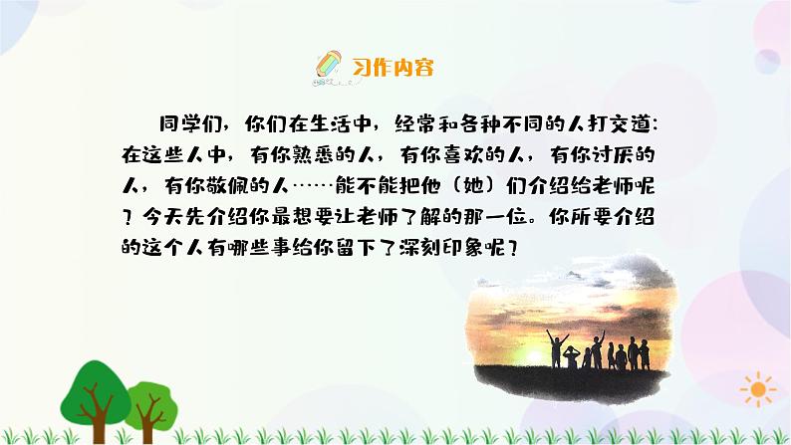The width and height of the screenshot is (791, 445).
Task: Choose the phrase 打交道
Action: [613, 124]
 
